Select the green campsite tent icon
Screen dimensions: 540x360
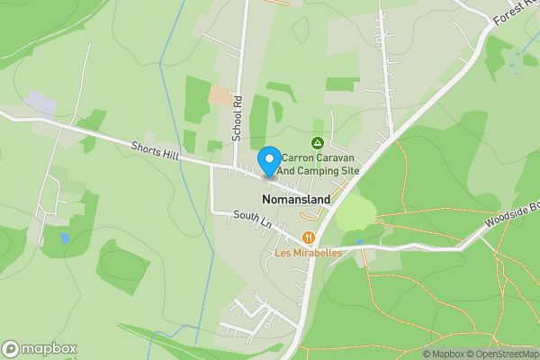coord(317,143)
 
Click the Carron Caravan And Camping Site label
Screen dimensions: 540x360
coord(316,163)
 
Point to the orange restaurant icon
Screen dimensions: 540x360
coord(309,238)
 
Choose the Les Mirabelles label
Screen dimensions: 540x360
coord(308,253)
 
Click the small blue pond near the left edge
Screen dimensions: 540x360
coord(65,238)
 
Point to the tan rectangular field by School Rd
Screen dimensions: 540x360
coord(220,94)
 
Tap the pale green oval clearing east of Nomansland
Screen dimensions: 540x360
coord(356,213)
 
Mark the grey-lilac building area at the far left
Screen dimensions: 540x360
coord(40,102)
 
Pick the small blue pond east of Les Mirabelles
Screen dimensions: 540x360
coord(359,242)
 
